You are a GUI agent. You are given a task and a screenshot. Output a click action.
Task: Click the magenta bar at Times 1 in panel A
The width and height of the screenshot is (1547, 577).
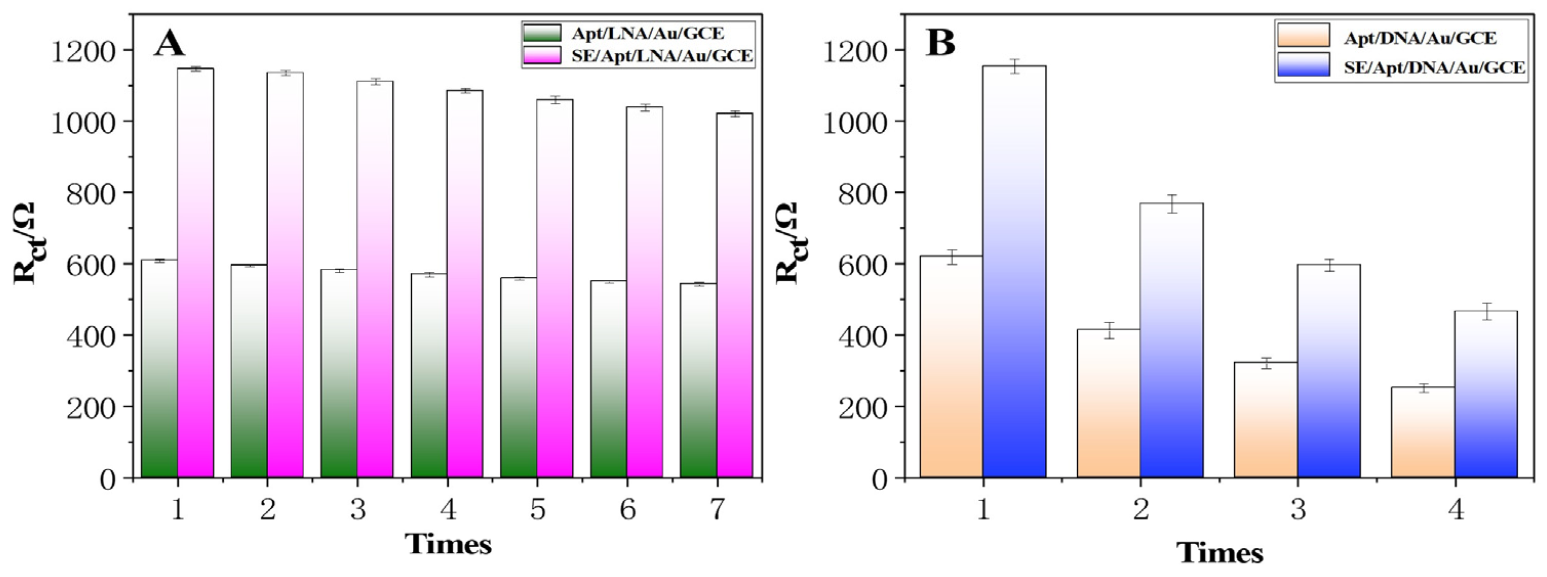tap(195, 273)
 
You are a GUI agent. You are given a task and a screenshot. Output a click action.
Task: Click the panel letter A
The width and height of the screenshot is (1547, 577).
tap(169, 44)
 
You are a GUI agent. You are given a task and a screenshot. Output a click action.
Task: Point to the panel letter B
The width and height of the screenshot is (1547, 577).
tap(940, 43)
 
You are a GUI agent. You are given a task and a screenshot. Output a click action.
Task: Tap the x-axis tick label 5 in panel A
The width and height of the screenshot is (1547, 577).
tap(537, 510)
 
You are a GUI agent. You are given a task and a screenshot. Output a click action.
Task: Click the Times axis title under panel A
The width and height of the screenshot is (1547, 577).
tap(448, 544)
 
